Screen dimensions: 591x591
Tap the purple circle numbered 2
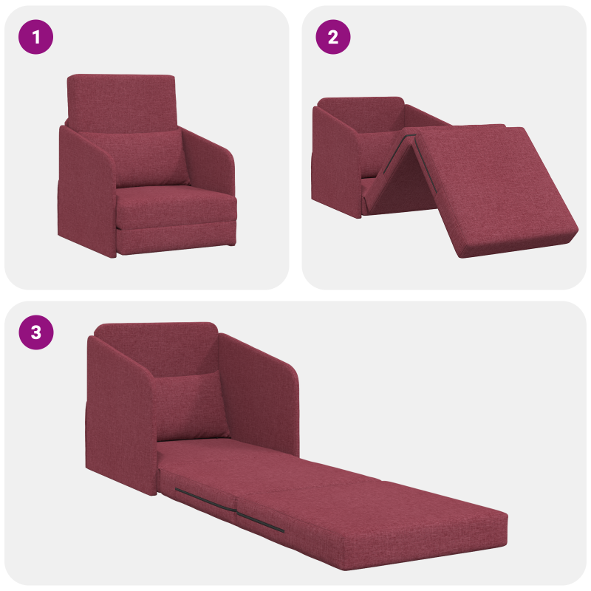(333, 36)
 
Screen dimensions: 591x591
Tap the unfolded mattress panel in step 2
(495, 188)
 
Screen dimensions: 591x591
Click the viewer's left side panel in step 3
(118, 414)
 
